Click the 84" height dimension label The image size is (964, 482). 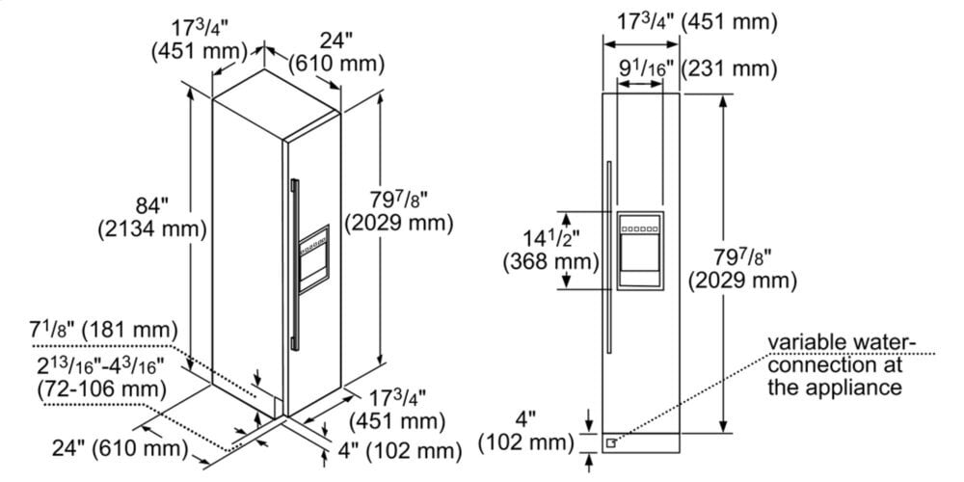coord(151,206)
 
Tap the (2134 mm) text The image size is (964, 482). coord(151,229)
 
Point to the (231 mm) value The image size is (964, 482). coord(730,69)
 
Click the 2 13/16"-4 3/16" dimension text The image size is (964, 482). coord(100,368)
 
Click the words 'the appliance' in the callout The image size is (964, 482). coord(835,388)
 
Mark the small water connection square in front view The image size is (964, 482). coord(610,442)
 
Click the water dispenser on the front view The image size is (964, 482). coord(640,252)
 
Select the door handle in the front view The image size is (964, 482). coord(607,260)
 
